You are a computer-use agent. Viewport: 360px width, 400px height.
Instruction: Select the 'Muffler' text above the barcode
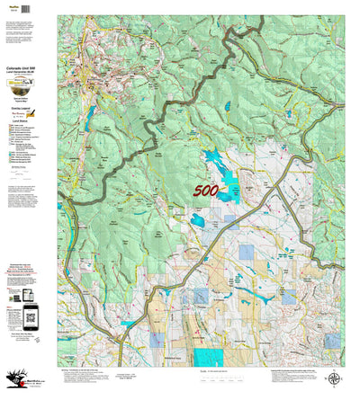pyautogui.click(x=11, y=4)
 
